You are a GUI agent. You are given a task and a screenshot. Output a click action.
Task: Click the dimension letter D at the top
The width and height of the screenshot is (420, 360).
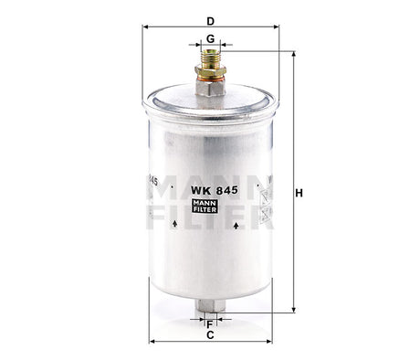211,19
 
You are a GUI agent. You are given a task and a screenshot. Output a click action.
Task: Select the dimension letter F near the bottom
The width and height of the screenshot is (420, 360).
211,323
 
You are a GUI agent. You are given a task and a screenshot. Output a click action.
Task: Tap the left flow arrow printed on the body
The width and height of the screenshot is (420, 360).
182,224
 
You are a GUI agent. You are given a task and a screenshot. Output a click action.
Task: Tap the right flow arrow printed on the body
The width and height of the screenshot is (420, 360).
237,224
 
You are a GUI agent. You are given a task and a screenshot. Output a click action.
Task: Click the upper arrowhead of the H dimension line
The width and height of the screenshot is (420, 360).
293,54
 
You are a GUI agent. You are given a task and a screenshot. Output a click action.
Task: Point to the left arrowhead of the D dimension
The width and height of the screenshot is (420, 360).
147,27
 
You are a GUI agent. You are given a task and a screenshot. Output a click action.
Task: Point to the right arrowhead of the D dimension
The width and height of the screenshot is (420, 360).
276,27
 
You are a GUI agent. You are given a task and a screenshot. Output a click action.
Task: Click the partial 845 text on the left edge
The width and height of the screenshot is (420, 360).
151,183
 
